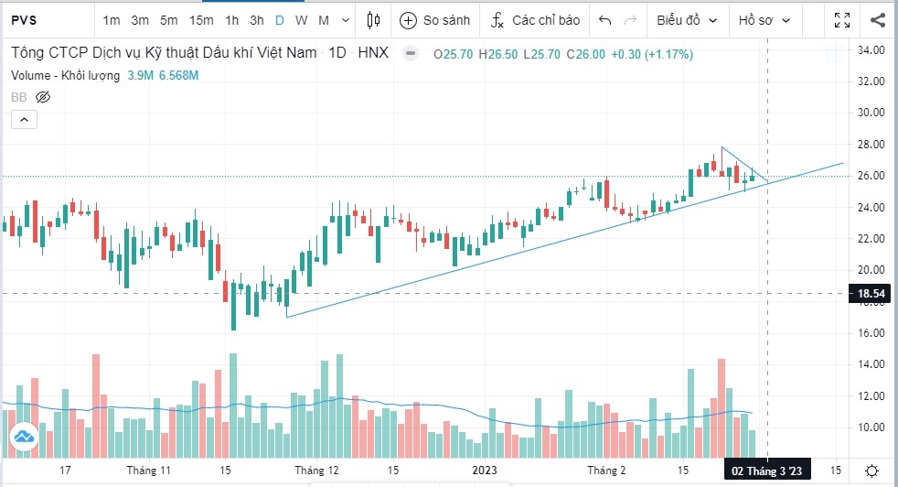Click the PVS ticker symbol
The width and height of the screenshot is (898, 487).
point(24,19)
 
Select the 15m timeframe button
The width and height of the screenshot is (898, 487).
point(201,19)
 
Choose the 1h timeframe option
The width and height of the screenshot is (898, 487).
point(232,19)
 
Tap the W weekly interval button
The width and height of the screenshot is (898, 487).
point(301,19)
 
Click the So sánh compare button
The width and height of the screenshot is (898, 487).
point(434,19)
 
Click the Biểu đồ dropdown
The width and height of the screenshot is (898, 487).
point(687,19)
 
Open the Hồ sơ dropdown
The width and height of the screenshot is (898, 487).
point(764,19)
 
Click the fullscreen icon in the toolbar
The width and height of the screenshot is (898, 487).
point(843,19)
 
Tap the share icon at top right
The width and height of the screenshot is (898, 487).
point(878,19)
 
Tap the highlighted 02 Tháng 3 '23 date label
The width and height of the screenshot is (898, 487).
point(766,471)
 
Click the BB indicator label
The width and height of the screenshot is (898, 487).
point(18,96)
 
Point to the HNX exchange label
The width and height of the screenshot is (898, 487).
point(373,53)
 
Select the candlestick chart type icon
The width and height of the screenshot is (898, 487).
point(372,19)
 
